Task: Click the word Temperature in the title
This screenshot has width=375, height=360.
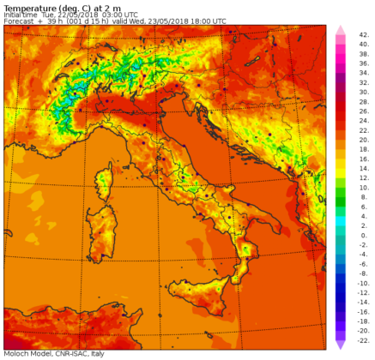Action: coord(27,6)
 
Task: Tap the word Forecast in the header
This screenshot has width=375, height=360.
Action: coord(18,21)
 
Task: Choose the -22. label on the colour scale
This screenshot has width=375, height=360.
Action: coord(364,335)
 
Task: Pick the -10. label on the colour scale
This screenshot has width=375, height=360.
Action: coord(364,281)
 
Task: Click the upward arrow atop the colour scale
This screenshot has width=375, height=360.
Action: coord(340,31)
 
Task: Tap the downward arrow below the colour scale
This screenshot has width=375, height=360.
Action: coord(340,343)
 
